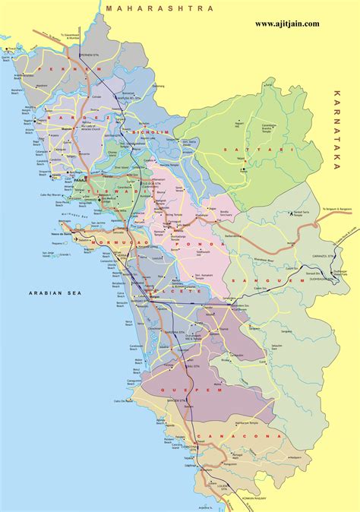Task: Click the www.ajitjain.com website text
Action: pyautogui.click(x=286, y=24)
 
